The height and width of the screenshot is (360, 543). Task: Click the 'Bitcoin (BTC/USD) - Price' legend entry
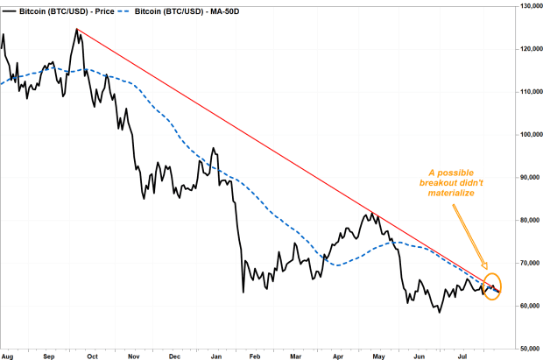point(58,11)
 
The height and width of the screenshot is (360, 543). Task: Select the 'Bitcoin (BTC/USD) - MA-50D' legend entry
point(179,11)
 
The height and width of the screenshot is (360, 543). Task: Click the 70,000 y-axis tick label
point(530,263)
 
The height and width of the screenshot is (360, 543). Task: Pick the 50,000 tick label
point(530,349)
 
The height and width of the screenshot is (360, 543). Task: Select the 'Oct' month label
point(93,356)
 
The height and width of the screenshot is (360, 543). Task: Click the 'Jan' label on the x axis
point(216,356)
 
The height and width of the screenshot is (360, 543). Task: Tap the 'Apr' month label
point(338,356)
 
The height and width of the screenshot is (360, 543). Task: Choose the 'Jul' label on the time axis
point(462,356)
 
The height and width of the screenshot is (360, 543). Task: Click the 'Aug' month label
point(7,356)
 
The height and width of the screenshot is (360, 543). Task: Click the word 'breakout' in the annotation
point(437,182)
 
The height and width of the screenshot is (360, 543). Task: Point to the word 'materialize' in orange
point(451,193)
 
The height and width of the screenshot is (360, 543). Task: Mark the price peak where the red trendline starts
point(77,29)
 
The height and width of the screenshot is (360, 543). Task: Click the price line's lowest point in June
point(440,313)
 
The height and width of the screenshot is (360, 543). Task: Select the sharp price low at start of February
point(243,293)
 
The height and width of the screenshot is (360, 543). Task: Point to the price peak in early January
point(214,148)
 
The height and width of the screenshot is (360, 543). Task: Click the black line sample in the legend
point(10,11)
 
